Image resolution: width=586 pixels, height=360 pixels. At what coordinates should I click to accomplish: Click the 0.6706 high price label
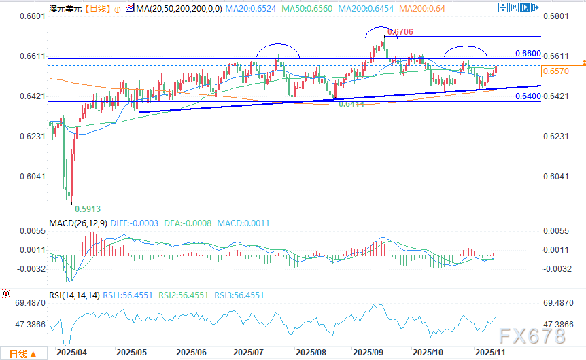point(400,32)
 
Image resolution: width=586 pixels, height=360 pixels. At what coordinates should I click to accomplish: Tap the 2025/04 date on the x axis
point(71,353)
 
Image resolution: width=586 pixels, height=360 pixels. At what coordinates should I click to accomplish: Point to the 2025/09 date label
point(369,353)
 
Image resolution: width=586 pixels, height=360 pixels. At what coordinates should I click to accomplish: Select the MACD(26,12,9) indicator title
point(78,222)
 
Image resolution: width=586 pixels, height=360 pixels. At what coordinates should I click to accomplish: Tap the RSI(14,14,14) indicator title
point(75,295)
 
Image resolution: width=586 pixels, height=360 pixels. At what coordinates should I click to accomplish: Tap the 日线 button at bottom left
point(22,353)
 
